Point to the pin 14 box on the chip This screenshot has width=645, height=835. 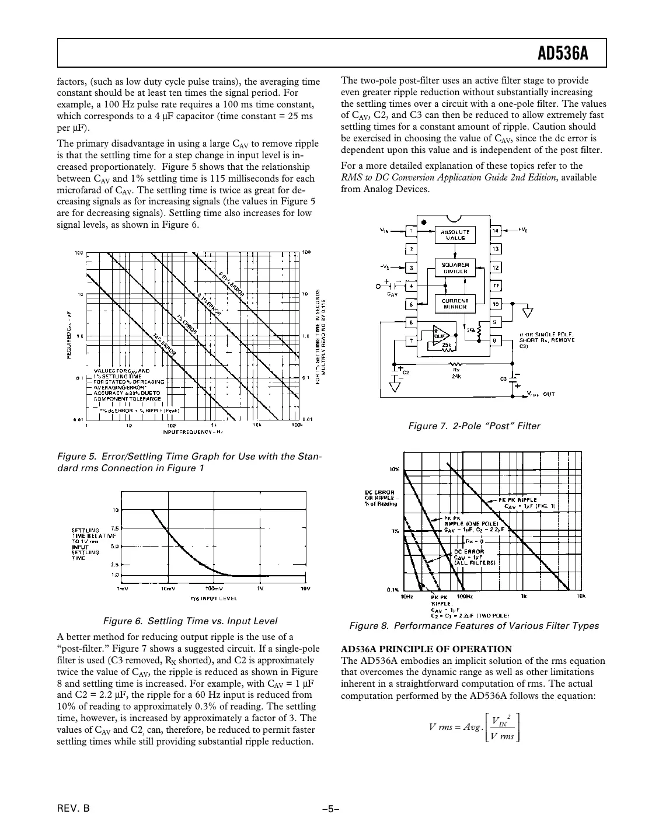pos(496,231)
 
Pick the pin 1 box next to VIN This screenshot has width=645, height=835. pos(411,231)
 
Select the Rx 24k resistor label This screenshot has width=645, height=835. pos(456,373)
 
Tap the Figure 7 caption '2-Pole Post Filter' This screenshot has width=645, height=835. pos(473,426)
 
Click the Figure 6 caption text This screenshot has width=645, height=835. pos(190,621)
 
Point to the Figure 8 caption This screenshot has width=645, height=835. pos(473,626)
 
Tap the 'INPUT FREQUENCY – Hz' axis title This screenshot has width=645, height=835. pos(193,432)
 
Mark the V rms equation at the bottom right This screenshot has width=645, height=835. pos(473,727)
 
